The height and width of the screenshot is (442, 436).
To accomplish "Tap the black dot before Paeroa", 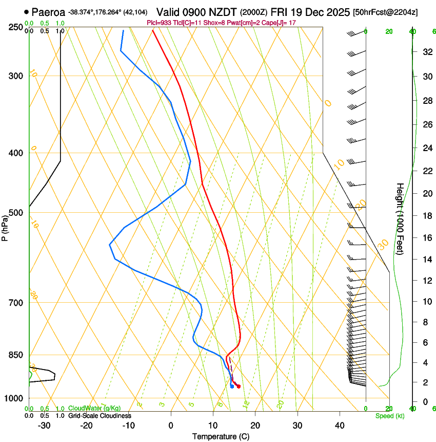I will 26,11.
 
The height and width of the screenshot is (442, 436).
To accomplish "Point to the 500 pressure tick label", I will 16,213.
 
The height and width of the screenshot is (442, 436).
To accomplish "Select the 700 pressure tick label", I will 16,303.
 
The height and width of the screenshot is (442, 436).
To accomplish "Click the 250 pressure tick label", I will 16,27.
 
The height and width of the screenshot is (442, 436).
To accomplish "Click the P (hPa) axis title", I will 5,226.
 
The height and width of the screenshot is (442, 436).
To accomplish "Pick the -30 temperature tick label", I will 44,426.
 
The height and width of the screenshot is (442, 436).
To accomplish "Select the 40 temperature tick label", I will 339,426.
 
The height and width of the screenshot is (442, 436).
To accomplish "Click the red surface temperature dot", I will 239,386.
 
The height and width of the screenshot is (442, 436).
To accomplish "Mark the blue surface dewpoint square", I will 232,386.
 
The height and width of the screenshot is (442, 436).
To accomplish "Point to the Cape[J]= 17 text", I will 279,23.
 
